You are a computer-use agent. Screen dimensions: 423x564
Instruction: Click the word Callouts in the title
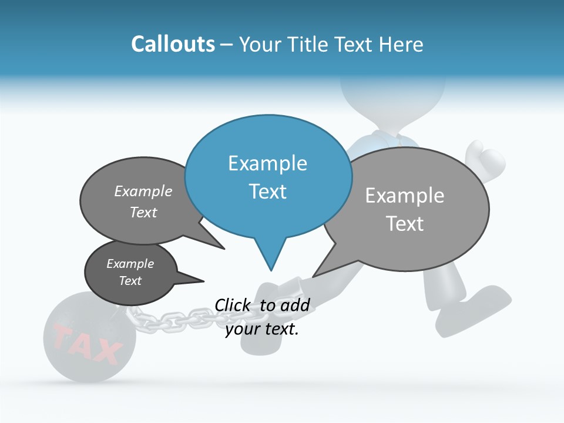click(173, 44)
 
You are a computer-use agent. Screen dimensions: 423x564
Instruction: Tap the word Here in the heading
click(402, 44)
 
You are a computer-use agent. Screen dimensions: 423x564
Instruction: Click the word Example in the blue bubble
click(267, 163)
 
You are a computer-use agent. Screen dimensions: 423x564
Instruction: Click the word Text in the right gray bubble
click(405, 224)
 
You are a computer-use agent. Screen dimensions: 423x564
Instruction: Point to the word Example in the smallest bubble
click(130, 264)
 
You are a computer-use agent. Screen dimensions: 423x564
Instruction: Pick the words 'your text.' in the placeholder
click(262, 329)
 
